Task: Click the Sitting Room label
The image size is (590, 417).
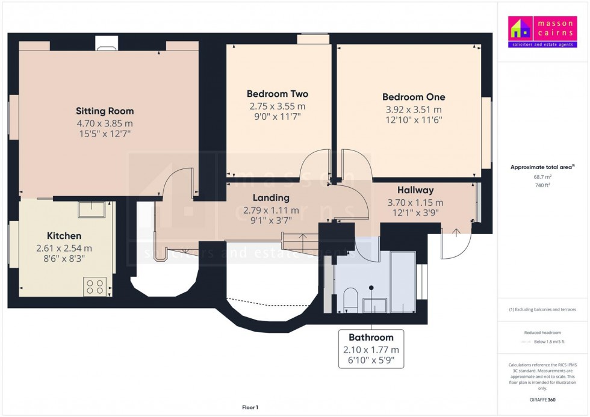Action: click(x=105, y=111)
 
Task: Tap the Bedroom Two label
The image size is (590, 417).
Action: click(x=277, y=94)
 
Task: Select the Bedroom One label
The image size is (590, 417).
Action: click(x=414, y=97)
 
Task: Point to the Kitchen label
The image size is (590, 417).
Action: click(x=64, y=235)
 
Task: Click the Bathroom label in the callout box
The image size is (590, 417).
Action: click(x=371, y=338)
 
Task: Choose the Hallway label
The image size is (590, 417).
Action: click(x=415, y=190)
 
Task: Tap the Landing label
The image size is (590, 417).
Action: click(x=271, y=197)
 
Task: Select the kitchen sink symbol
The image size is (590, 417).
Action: click(x=92, y=209)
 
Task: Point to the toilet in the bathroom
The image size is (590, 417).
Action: click(x=349, y=299)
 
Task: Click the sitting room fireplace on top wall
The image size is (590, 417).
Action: click(x=108, y=44)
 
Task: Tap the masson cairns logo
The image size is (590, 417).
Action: click(x=542, y=32)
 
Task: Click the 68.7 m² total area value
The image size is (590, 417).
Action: click(x=542, y=177)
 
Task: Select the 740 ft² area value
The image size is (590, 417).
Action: click(x=542, y=185)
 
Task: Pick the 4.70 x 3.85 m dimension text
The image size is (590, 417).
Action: click(x=105, y=123)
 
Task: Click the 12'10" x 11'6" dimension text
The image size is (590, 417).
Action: click(x=414, y=120)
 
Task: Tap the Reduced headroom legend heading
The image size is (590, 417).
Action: click(x=542, y=333)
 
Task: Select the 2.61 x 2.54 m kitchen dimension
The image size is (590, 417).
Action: click(x=64, y=248)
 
